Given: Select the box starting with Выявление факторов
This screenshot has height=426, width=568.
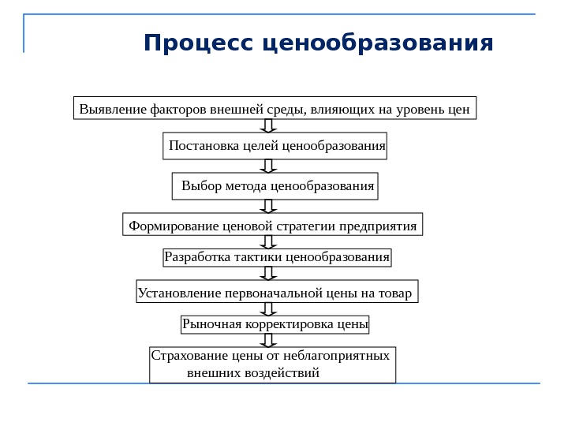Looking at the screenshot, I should (275, 108).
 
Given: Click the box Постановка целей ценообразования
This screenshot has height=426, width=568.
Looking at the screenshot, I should (277, 146).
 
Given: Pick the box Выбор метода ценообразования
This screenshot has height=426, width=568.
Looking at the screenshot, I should (275, 186).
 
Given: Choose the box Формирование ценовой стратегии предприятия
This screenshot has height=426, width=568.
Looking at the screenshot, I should (273, 226).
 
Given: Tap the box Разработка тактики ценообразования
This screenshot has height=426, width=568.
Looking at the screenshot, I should (278, 257).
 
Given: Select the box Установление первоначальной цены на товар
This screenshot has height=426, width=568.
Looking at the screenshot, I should (277, 293).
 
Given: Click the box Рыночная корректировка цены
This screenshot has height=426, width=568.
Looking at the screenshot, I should (276, 323).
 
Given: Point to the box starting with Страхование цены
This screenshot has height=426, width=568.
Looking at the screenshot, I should (273, 364).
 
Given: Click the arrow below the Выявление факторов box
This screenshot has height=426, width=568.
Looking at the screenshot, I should (268, 126).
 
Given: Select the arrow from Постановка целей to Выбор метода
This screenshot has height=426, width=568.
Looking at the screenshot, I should (268, 166).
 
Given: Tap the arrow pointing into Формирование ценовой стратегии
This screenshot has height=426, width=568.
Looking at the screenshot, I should (268, 206).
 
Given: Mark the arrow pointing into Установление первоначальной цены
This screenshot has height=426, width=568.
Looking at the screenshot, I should (268, 273).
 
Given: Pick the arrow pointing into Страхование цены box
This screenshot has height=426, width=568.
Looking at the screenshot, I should (268, 340).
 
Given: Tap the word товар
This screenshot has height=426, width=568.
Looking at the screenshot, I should (394, 294).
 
